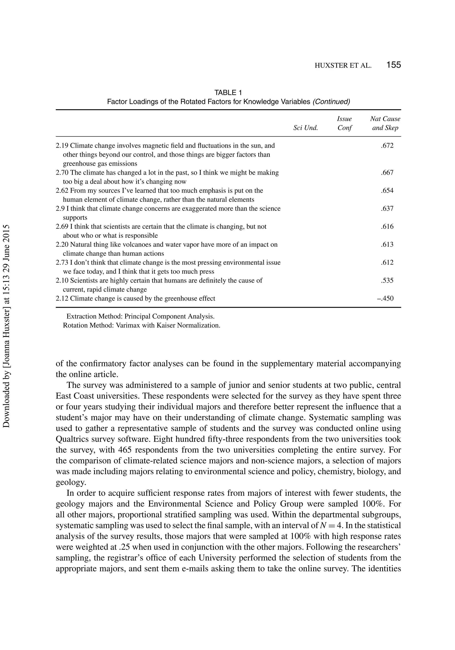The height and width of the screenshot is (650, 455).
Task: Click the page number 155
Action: click(393, 65)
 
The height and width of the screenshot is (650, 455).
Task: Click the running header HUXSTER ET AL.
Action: click(343, 66)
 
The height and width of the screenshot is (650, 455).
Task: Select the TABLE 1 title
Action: click(228, 93)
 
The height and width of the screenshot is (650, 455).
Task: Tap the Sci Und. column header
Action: click(305, 128)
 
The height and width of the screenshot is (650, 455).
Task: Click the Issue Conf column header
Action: click(344, 124)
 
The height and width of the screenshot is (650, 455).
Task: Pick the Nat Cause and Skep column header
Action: click(385, 124)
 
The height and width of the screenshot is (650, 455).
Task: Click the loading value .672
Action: click(387, 146)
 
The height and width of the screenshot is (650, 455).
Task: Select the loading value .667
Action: click(387, 173)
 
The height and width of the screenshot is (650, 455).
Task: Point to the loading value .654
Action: click(387, 191)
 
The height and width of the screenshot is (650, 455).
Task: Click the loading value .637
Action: click(387, 209)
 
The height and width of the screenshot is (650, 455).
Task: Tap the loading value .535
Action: click(387, 281)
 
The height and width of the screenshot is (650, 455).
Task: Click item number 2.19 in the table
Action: click(62, 146)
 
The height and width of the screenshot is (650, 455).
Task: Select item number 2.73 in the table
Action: click(62, 263)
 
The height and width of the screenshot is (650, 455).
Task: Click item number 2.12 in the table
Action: click(62, 299)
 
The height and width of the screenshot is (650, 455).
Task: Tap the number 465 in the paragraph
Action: click(125, 450)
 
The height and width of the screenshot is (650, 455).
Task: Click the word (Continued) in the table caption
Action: click(331, 102)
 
